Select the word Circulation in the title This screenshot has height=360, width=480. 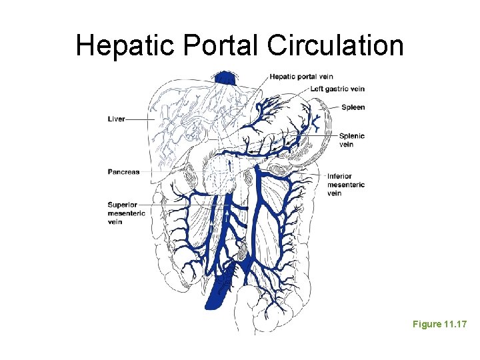335,45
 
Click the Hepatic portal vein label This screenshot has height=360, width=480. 301,77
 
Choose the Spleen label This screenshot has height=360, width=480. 353,107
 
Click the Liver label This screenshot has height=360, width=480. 116,119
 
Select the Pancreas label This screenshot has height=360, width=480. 124,172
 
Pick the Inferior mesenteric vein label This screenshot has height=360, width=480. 345,185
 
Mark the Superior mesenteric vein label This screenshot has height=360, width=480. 123,213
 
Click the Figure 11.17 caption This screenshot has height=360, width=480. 439,324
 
